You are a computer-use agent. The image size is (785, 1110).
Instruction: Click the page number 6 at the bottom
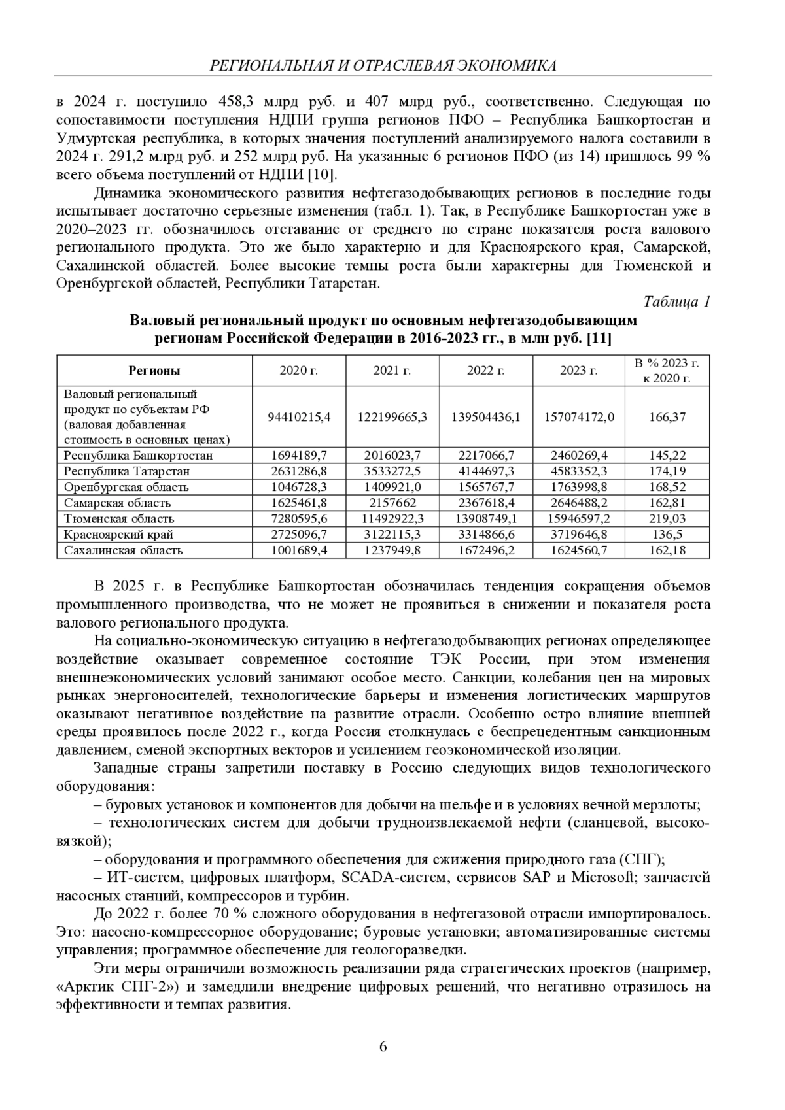click(383, 1047)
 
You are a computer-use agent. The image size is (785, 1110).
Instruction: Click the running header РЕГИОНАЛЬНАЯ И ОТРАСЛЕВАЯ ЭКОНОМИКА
click(383, 65)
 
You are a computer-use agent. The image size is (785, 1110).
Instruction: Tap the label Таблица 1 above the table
click(676, 301)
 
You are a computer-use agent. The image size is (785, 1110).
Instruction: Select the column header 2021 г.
click(392, 371)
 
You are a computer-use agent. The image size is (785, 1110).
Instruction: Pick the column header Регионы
click(154, 371)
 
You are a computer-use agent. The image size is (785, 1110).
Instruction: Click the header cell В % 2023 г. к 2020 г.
click(667, 371)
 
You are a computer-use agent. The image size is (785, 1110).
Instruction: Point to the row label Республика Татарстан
click(127, 471)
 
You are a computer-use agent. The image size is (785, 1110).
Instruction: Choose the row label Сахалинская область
click(123, 550)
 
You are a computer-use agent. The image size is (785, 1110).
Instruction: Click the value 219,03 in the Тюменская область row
click(667, 519)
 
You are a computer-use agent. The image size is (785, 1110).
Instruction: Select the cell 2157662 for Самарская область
click(392, 503)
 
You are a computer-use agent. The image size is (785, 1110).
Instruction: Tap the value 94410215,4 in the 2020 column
click(299, 417)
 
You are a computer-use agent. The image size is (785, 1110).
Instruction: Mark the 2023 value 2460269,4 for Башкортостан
click(579, 456)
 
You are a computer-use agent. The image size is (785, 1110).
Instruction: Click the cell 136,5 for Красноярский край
click(667, 535)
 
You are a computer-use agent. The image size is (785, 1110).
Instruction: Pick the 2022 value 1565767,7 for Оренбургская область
click(485, 488)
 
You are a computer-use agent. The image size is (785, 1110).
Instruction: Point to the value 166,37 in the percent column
click(667, 417)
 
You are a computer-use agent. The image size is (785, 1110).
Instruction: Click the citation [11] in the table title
click(600, 338)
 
